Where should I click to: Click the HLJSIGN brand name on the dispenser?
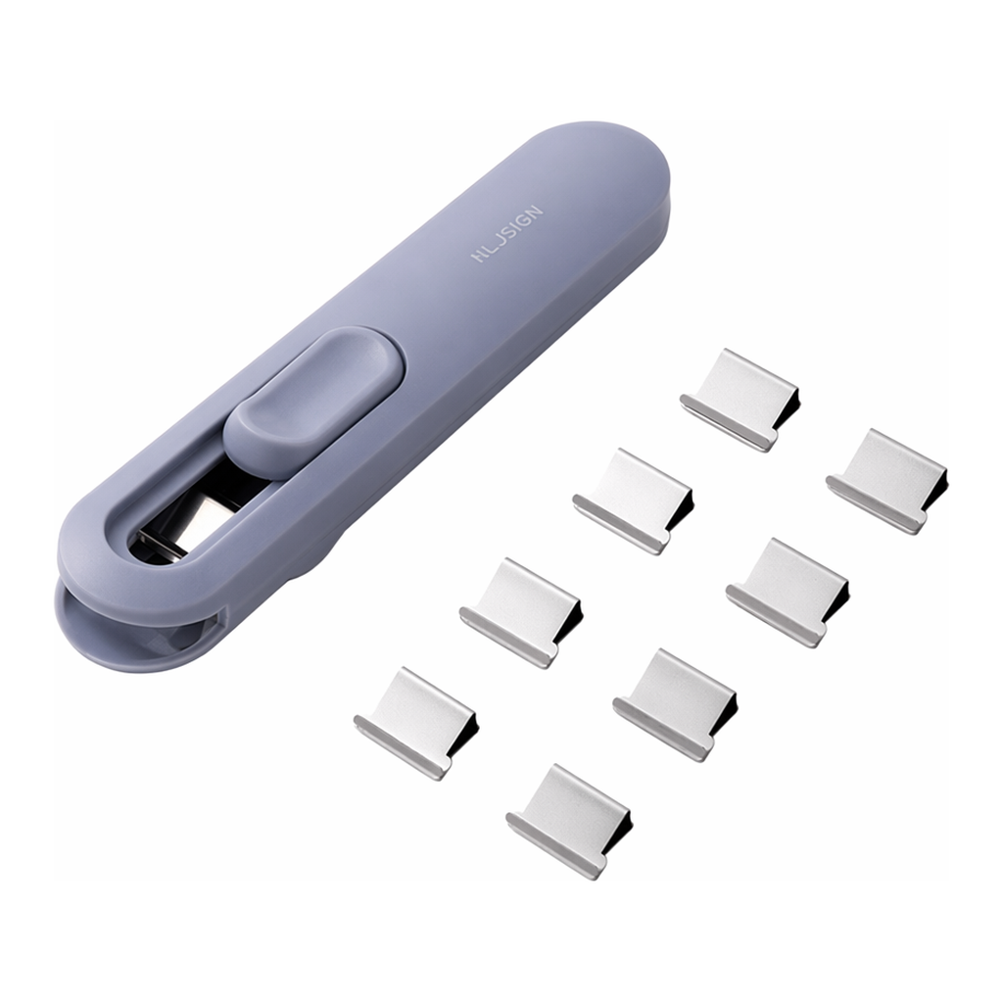(507, 233)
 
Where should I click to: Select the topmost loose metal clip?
(739, 400)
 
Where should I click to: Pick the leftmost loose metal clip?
(415, 723)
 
